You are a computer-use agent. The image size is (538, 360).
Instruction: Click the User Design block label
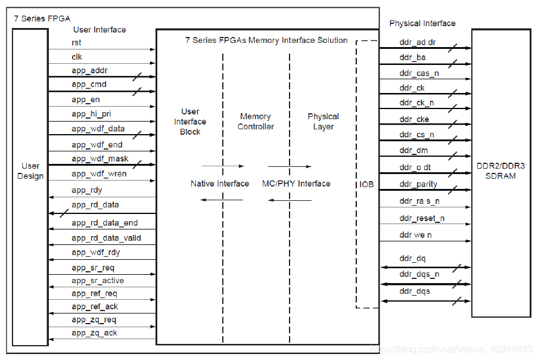coord(30,171)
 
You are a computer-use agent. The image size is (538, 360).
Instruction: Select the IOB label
coord(367,184)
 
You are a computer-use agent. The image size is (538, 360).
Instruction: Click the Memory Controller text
coord(256,122)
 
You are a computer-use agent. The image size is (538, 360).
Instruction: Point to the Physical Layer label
coord(323,122)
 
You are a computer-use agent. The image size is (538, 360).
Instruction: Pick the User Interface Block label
coord(190,122)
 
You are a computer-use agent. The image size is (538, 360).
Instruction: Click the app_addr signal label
coord(89,70)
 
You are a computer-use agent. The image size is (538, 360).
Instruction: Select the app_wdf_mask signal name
coord(100,159)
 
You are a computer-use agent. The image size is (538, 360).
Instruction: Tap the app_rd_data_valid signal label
coord(106,238)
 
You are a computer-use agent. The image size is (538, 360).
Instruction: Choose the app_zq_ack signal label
coord(94,333)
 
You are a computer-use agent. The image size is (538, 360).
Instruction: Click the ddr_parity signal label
coord(418,184)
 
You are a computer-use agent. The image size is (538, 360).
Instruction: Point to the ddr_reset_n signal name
coord(422,219)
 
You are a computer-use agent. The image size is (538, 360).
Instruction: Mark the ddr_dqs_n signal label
coord(419,274)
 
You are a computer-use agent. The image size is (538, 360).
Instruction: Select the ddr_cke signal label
coord(414,119)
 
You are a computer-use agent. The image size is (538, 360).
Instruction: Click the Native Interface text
coord(220,184)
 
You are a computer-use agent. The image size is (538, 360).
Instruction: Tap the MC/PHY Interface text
coord(296,184)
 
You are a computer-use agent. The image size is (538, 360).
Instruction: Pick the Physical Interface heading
coord(422,23)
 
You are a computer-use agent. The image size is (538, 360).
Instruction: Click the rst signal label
coord(76,43)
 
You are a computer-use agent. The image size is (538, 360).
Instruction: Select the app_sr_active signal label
coord(98,280)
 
